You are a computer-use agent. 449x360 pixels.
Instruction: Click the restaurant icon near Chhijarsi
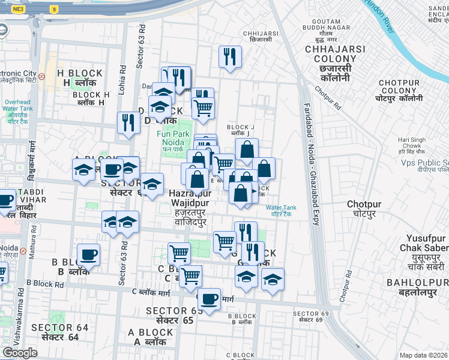click(x=230, y=57)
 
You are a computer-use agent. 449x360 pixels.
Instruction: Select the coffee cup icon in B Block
click(x=89, y=254)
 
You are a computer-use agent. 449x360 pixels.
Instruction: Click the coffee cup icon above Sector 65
click(x=209, y=298)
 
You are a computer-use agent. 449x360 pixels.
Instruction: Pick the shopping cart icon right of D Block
click(x=203, y=108)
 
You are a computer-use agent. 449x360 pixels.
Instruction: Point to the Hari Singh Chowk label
click(x=412, y=144)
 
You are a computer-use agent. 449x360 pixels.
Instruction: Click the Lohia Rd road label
click(x=123, y=76)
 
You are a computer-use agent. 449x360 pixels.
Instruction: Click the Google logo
click(x=20, y=352)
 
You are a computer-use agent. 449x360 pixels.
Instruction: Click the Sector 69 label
click(x=307, y=317)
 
